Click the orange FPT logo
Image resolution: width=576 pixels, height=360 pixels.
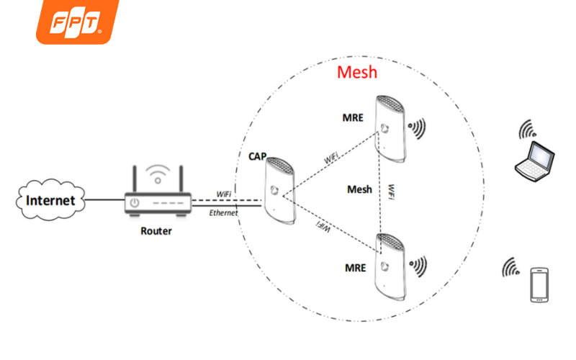(77, 22)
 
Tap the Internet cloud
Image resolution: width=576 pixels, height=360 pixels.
(50, 200)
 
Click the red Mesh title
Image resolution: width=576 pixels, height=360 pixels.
(356, 73)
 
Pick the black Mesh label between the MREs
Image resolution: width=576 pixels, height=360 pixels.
(359, 189)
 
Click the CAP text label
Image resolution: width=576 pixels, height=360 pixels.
(258, 156)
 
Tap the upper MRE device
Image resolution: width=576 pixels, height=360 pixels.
(390, 130)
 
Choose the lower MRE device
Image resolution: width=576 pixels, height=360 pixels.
(390, 267)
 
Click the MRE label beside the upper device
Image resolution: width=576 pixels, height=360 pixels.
(354, 117)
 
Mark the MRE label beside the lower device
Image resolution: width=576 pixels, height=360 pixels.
(354, 268)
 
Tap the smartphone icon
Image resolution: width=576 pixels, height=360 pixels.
(539, 284)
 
